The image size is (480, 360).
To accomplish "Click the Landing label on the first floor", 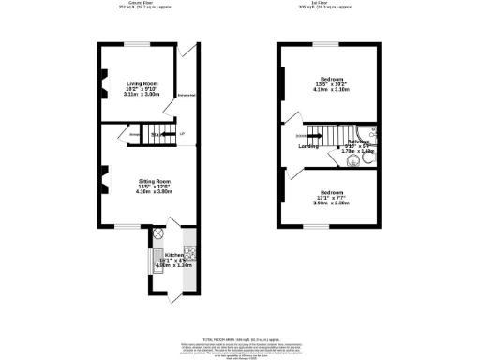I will click(x=307, y=147).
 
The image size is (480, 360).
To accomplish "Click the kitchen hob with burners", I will click(x=188, y=250).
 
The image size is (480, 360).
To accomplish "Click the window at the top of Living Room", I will click(x=138, y=43).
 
